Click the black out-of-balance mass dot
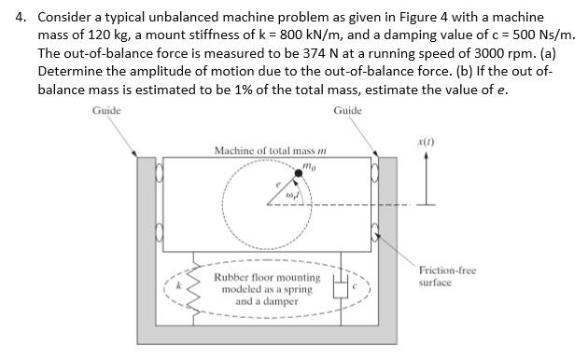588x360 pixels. pyautogui.click(x=300, y=171)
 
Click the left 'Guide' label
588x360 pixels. pyautogui.click(x=106, y=111)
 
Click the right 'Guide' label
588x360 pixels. pyautogui.click(x=347, y=111)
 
